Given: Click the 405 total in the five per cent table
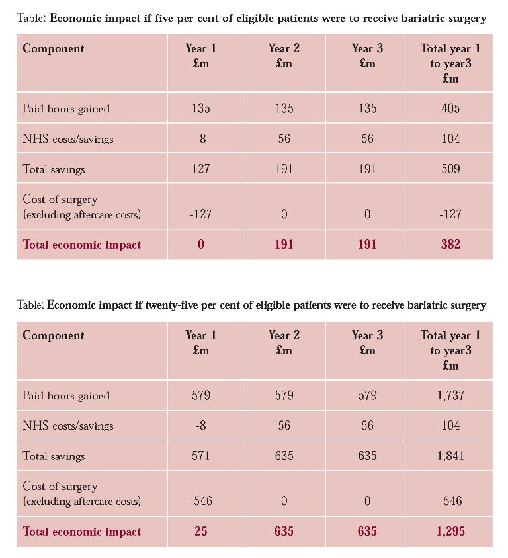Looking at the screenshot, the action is (x=450, y=108).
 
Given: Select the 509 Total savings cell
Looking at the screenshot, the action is (x=450, y=169).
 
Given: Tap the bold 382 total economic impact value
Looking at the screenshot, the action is (x=450, y=244).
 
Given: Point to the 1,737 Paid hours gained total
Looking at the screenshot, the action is (x=450, y=395).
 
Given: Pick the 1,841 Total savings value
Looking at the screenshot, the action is (x=450, y=456).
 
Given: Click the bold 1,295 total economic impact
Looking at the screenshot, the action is (x=450, y=531).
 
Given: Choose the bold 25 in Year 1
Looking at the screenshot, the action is (x=201, y=531).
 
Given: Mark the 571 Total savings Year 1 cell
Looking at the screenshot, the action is (x=201, y=456).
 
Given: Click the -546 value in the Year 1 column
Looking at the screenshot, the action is (x=201, y=500).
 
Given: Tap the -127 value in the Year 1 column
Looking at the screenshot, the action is (x=201, y=214).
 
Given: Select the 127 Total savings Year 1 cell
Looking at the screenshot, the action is (x=201, y=169).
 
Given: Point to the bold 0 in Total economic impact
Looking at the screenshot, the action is (x=201, y=244).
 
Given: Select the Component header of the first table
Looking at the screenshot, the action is (x=54, y=48).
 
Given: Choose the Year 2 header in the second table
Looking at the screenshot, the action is (x=284, y=335).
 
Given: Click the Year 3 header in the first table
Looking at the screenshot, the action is (x=367, y=48).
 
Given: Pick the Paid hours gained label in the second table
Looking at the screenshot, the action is (x=66, y=396).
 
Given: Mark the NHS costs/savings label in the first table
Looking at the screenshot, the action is (x=68, y=139).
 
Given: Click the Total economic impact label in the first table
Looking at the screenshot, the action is (x=82, y=245).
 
